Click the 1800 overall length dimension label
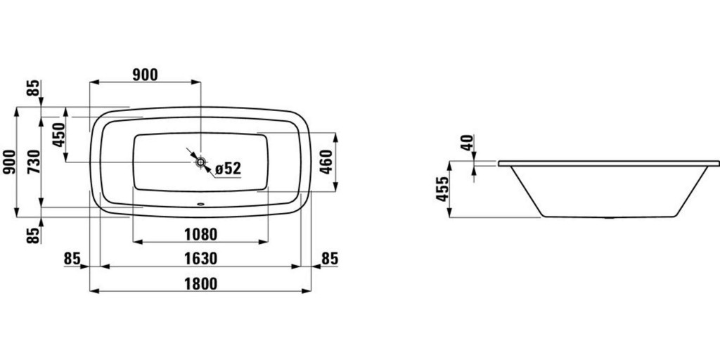point(200,284)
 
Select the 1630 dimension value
point(200,259)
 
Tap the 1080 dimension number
point(200,234)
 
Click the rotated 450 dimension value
point(59,134)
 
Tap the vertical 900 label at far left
point(9,162)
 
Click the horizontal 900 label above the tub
point(145,75)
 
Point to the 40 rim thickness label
point(467,143)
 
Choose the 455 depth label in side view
point(442,188)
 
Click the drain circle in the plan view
point(200,162)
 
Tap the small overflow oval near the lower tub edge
point(200,205)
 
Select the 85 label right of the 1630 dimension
point(330,259)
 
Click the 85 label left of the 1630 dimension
point(72,259)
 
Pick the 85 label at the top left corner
point(34,87)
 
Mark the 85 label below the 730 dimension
point(34,235)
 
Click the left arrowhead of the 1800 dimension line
point(94,290)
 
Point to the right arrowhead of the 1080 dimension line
point(263,242)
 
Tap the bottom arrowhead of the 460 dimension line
point(335,186)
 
